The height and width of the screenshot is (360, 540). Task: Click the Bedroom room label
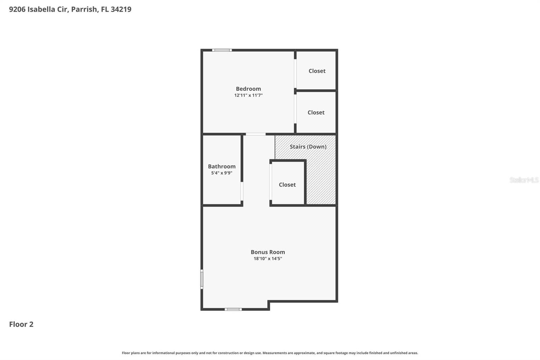[248, 89]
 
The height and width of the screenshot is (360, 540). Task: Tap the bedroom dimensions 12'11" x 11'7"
[248, 95]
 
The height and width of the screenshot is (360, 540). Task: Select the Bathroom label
[222, 166]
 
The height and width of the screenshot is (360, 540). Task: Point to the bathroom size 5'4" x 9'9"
[222, 173]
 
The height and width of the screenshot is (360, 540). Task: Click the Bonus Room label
[268, 252]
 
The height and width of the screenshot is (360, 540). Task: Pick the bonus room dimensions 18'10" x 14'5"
[268, 259]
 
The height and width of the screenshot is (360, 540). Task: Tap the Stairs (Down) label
[308, 147]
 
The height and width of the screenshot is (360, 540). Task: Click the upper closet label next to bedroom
[317, 71]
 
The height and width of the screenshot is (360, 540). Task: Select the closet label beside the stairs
[287, 185]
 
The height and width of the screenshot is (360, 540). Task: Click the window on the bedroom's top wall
[222, 50]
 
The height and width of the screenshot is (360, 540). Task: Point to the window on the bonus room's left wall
[202, 279]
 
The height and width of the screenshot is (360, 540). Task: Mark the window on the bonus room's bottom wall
[233, 309]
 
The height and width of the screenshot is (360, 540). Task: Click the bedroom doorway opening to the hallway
[255, 134]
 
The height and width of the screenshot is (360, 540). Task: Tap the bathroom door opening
[242, 191]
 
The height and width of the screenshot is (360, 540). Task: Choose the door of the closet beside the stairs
[271, 182]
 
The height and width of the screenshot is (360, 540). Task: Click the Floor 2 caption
[21, 324]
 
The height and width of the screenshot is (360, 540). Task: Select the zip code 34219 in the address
[121, 9]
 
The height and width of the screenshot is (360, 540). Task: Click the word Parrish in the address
[84, 9]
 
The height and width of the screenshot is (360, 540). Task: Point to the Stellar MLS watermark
[524, 180]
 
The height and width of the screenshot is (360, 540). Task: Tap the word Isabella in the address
[42, 9]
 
